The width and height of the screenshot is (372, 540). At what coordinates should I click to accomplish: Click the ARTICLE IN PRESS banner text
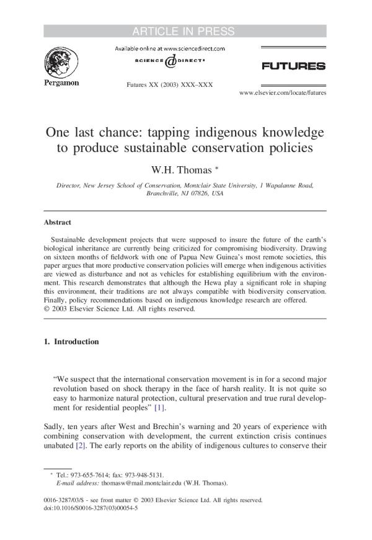pos(185,32)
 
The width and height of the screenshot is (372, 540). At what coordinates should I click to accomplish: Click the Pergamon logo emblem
pos(60,63)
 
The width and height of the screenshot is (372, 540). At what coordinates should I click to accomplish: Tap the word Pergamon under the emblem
pos(60,84)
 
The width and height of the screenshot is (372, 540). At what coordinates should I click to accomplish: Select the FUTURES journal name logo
pos(293,66)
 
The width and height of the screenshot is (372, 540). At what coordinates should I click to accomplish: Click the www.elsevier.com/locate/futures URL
pos(282,92)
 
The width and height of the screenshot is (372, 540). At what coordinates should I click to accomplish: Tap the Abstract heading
pos(57,222)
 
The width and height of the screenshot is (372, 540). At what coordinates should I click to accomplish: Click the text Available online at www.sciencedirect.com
pos(169,48)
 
